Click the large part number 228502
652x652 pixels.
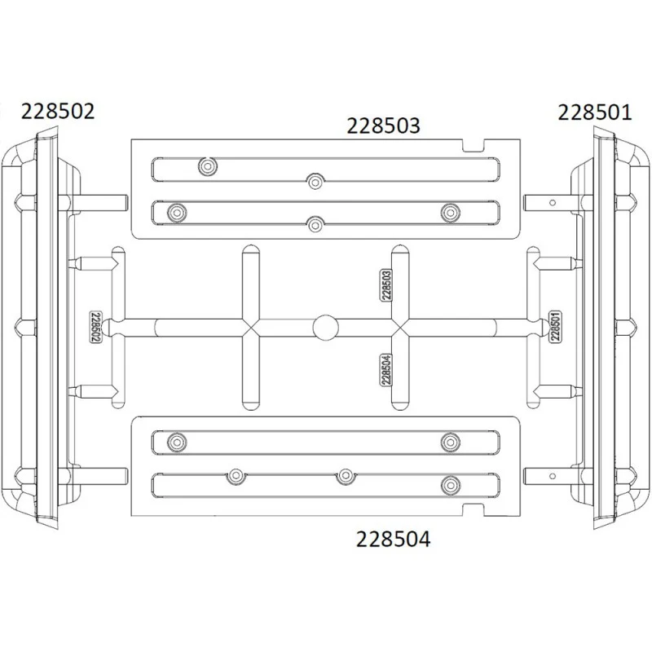[x=58, y=112]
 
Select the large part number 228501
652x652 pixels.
[x=594, y=112]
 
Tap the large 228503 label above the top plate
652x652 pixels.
[x=383, y=126]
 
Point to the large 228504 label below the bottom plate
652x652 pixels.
[x=393, y=540]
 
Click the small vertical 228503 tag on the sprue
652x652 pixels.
[x=386, y=284]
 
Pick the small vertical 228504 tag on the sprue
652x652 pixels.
[x=386, y=370]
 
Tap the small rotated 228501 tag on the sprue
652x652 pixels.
[x=555, y=327]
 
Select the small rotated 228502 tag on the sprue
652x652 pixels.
[x=95, y=327]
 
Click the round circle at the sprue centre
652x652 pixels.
[x=325, y=328]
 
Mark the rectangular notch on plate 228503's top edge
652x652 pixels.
[x=474, y=146]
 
